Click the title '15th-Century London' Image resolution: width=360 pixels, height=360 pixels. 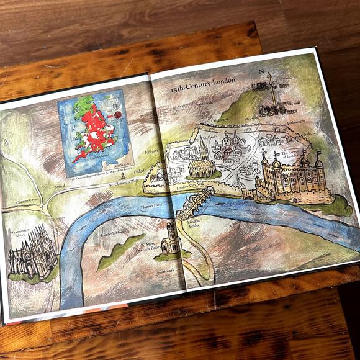coord(204,86)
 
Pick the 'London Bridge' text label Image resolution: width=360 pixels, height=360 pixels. coord(194,224)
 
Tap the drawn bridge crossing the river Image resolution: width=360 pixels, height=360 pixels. coord(195,204)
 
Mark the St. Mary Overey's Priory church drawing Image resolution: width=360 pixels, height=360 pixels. coord(171,239)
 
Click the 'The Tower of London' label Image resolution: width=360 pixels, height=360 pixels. coord(292,155)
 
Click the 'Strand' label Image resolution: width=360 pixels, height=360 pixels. coord(60,185)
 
